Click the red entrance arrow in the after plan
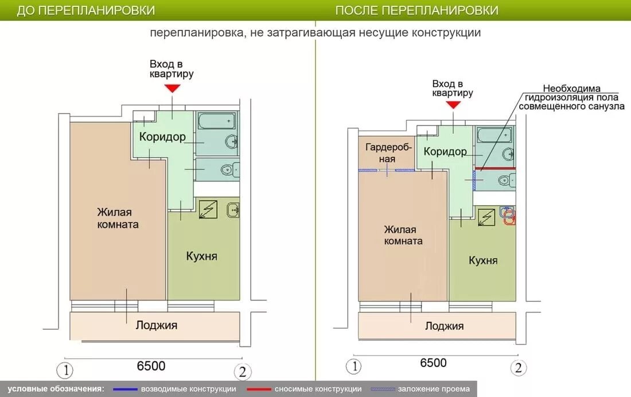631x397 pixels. click(454, 105)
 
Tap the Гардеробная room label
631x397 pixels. click(388, 153)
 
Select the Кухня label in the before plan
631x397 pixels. click(201, 256)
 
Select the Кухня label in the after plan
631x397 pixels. click(483, 260)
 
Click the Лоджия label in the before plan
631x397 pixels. click(157, 325)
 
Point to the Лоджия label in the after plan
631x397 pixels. click(444, 326)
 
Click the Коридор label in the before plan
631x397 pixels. click(162, 137)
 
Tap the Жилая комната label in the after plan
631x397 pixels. click(403, 236)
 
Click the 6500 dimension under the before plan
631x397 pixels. click(151, 366)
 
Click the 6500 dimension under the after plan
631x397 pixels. click(433, 363)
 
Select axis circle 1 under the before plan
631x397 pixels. click(65, 370)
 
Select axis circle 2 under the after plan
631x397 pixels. click(519, 368)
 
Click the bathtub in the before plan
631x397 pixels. click(216, 121)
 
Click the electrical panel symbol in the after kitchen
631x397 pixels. click(486, 218)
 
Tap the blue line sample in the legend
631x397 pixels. click(125, 390)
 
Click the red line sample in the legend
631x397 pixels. click(259, 390)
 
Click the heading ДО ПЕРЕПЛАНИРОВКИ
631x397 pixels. click(85, 10)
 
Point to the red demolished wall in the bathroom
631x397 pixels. click(495, 168)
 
